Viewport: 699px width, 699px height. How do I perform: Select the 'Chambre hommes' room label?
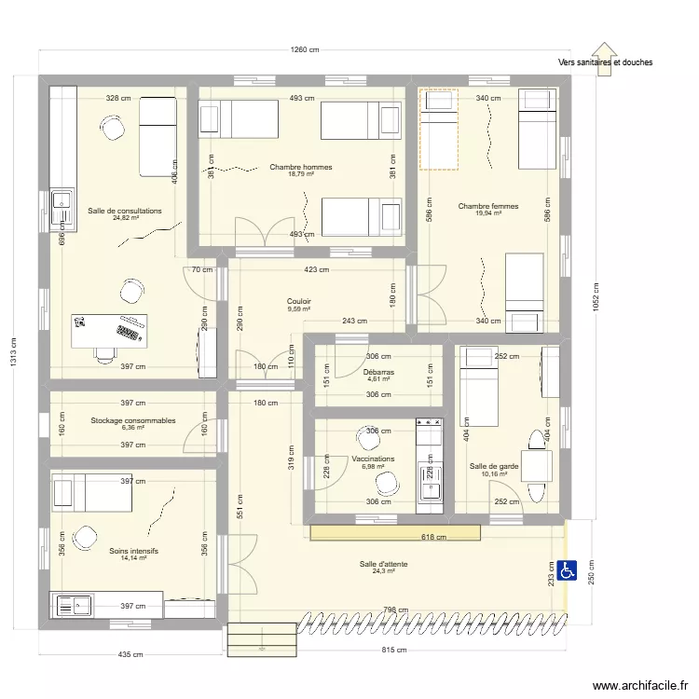click(301, 168)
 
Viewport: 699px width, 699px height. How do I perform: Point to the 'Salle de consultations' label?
click(125, 211)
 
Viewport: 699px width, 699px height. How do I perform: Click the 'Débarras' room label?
click(378, 372)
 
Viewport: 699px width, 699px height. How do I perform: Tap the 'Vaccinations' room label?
click(373, 459)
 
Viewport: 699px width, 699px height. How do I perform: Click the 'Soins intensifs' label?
click(133, 551)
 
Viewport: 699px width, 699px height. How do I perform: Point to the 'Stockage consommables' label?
click(133, 420)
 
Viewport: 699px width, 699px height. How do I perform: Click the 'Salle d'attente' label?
click(384, 564)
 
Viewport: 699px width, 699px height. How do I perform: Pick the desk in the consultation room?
click(110, 330)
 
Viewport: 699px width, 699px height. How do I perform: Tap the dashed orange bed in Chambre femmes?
click(438, 130)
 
